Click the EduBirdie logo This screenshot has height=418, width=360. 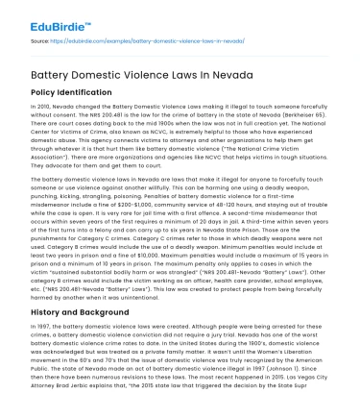[x=44, y=15]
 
